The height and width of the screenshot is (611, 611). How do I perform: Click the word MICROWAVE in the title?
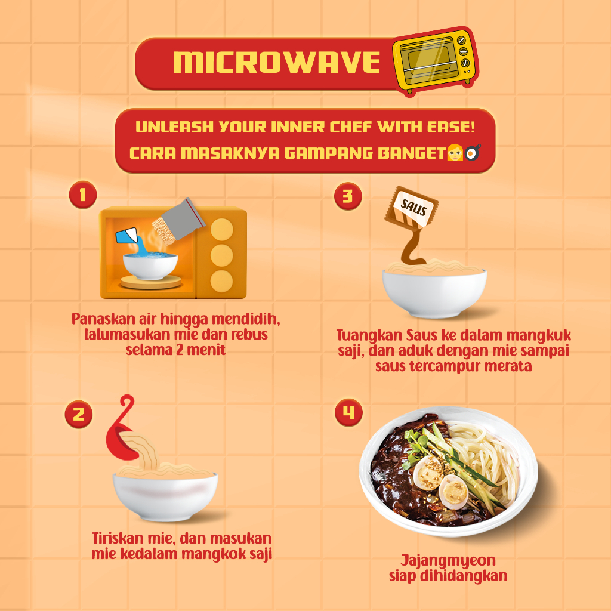click(x=276, y=62)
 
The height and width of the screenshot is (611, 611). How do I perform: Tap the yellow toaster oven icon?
click(x=435, y=61)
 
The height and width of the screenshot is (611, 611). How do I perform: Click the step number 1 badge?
click(x=83, y=195)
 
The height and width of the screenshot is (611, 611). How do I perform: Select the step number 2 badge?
click(x=79, y=414)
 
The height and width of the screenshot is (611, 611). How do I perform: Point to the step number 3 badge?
click(x=348, y=196)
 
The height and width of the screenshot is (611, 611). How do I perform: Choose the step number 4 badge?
click(x=348, y=412)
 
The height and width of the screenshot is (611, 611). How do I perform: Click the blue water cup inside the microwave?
click(x=126, y=236)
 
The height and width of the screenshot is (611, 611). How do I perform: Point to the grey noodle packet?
click(x=183, y=219)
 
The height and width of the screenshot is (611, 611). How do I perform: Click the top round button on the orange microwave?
click(x=222, y=230)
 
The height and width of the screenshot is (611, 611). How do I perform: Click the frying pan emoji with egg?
click(x=473, y=152)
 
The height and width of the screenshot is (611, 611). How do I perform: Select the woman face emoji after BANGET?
click(x=455, y=152)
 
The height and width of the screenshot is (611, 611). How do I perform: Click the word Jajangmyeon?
click(x=448, y=561)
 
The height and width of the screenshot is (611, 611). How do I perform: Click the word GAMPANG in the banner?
click(x=329, y=153)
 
